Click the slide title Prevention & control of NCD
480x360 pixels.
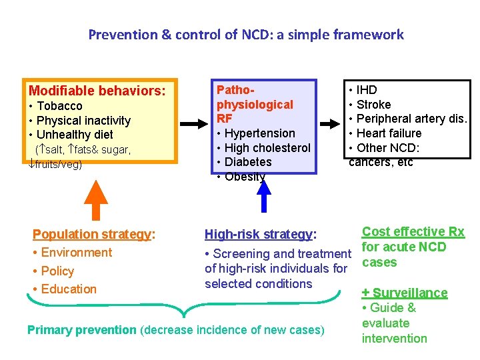245,34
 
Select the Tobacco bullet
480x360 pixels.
56,106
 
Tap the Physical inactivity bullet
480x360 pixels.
80,121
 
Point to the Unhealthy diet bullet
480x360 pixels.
71,135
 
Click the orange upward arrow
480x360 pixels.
98,199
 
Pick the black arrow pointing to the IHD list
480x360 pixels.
331,124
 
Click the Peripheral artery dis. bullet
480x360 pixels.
408,119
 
